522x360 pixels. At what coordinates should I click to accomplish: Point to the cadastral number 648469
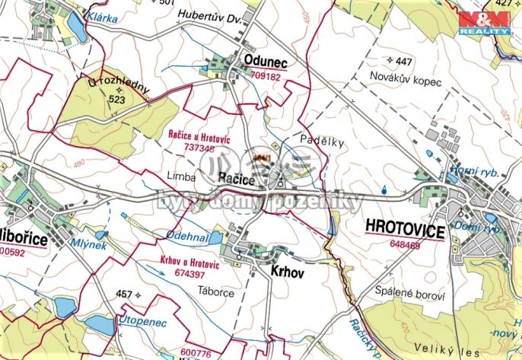click(x=404, y=245)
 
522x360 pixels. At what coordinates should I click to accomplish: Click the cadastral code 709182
click(x=265, y=77)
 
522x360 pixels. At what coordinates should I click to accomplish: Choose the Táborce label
click(x=216, y=292)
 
